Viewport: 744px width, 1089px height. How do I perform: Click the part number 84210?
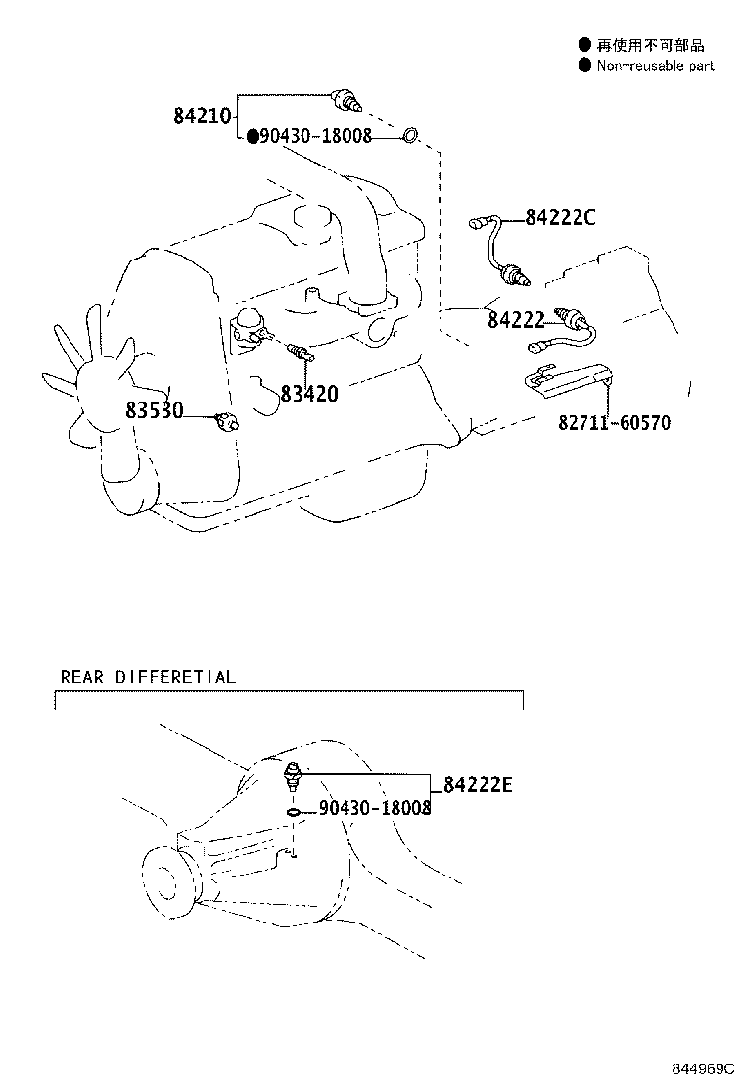203,116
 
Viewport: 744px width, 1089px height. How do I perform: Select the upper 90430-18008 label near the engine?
315,136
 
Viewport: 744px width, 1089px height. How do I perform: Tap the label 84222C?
559,217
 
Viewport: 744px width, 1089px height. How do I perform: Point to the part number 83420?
308,394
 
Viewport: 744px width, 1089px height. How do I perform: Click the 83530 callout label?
155,410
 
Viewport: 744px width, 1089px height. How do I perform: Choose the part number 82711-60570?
615,423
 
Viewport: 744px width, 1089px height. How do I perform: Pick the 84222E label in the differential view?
478,784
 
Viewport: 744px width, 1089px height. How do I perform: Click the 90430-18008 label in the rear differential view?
374,808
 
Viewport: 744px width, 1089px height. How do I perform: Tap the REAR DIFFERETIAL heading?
148,677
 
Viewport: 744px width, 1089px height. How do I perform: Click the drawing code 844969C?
702,1065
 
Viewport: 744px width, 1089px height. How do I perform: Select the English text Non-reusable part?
655,65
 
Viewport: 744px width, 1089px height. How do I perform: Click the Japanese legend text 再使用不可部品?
651,44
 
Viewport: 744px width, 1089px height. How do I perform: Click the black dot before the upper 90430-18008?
252,136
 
